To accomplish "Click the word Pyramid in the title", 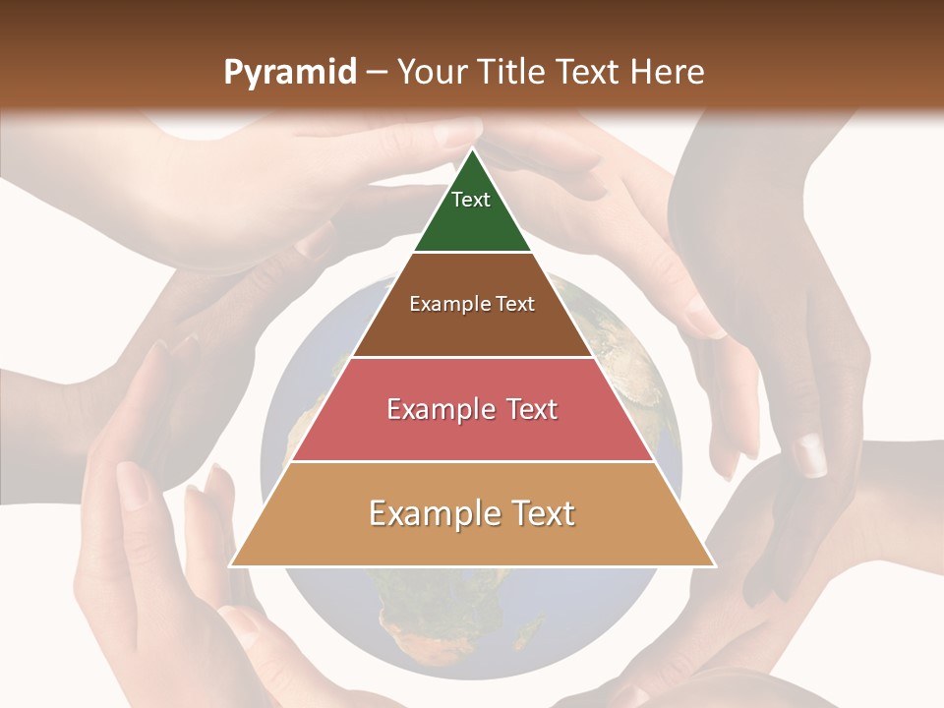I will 290,73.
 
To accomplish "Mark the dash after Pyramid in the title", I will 377,73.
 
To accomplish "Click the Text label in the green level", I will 471,200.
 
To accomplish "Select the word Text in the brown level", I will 516,304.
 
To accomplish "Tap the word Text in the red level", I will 531,409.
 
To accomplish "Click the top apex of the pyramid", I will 472,149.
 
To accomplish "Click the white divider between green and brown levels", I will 472,252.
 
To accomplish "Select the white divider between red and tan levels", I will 472,461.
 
